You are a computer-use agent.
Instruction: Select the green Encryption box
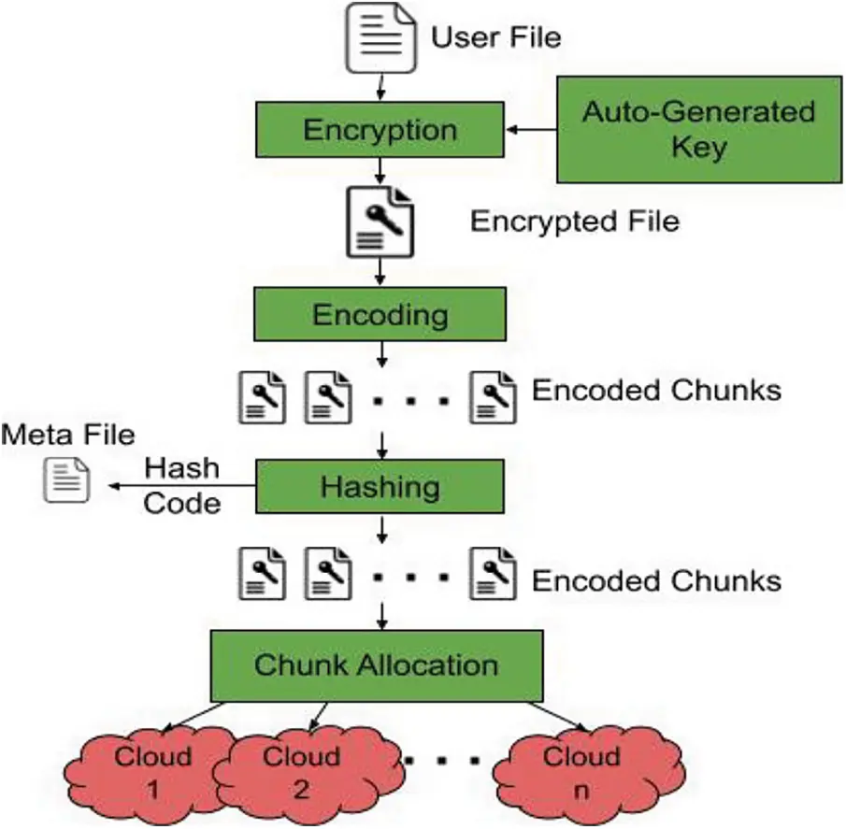(380, 129)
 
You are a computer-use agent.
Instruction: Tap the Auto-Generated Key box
(699, 130)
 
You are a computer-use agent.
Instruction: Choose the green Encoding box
(380, 314)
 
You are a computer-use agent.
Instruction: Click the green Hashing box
(380, 486)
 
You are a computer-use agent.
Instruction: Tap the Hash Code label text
(182, 486)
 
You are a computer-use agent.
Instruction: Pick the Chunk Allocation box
(377, 665)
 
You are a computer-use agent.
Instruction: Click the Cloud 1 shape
(153, 771)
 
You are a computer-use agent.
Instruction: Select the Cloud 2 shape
(301, 771)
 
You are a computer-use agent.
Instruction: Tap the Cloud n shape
(581, 771)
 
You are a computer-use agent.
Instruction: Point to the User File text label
(495, 37)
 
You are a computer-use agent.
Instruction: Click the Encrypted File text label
(574, 222)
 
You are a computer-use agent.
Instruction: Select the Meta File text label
(68, 435)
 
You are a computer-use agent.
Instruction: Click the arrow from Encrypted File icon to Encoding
(380, 272)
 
